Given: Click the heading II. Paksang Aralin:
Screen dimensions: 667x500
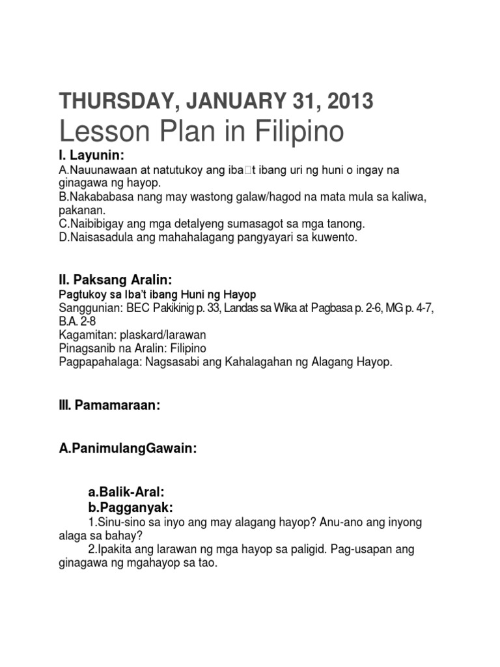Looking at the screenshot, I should (115, 280).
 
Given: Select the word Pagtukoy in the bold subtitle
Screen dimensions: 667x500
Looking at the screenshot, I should (81, 294).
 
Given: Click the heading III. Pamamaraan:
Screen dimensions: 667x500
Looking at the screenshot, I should (109, 405).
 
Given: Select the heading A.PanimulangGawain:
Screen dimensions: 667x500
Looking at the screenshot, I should (128, 449).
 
